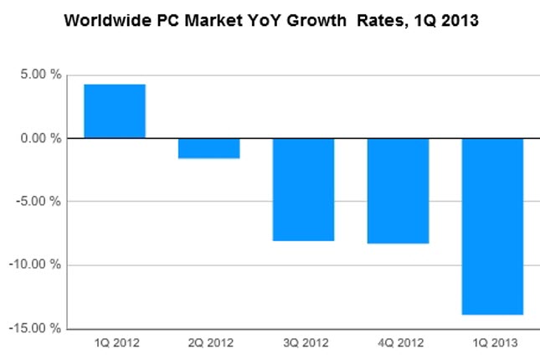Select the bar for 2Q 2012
(x=208, y=148)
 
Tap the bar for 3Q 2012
(x=303, y=189)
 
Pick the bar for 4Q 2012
(x=398, y=190)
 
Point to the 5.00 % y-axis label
(x=41, y=74)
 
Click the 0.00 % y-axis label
(x=41, y=137)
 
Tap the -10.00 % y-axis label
(x=37, y=265)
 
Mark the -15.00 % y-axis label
(x=37, y=328)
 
